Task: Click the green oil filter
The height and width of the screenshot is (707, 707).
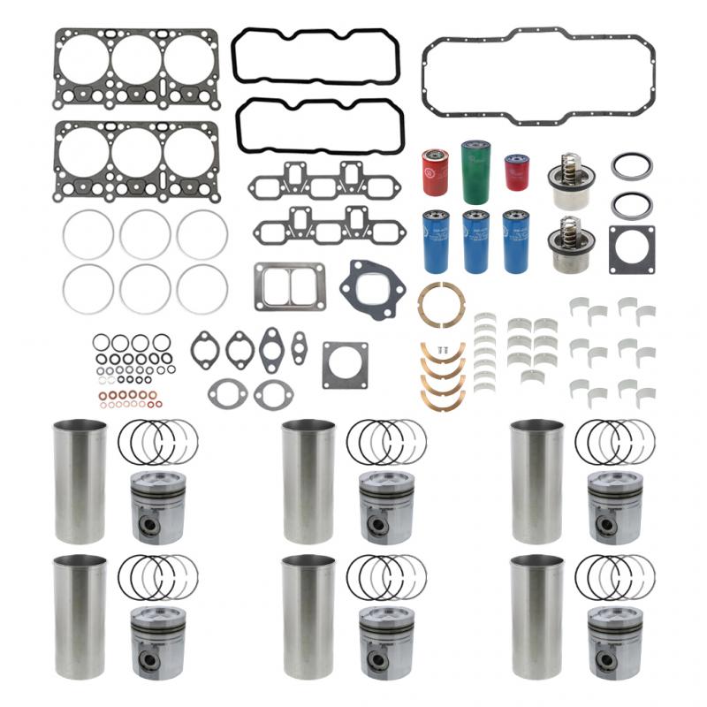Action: (x=475, y=171)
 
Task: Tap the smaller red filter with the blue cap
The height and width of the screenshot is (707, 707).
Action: (x=516, y=172)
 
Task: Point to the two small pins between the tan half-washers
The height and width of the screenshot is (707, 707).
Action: (x=445, y=351)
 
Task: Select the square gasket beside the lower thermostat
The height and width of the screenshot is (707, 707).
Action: (x=631, y=248)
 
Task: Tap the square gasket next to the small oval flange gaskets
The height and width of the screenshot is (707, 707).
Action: (x=345, y=365)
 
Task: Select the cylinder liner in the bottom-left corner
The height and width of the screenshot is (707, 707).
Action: (x=80, y=611)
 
